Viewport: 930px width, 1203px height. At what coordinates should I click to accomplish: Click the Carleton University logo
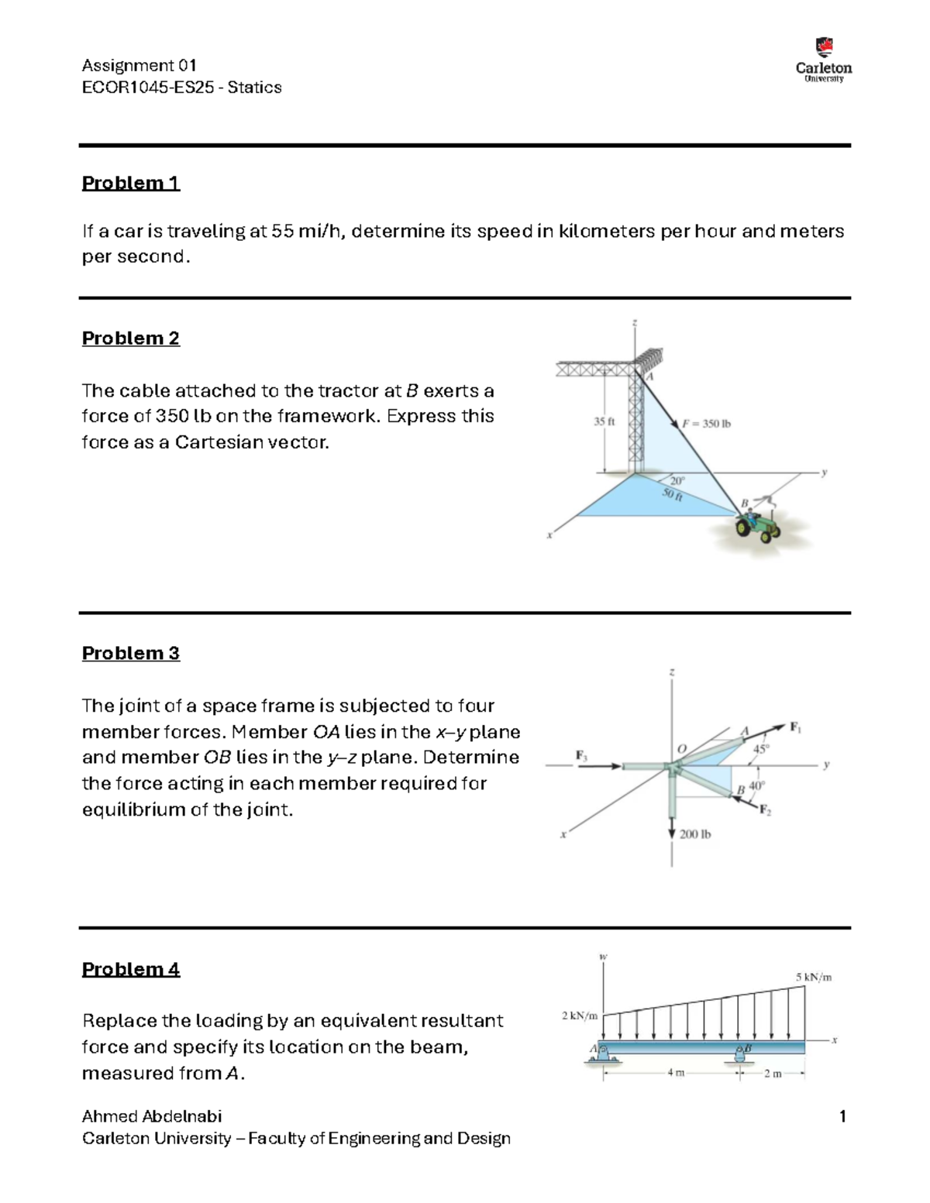point(824,60)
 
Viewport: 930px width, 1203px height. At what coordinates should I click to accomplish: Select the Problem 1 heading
point(130,183)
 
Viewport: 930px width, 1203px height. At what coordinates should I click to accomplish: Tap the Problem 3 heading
point(130,653)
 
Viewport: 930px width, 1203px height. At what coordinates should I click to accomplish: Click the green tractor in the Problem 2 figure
point(758,526)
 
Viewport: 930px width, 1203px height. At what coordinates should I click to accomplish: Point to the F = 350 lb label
point(706,424)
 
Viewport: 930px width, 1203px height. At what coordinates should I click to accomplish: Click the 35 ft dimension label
point(604,422)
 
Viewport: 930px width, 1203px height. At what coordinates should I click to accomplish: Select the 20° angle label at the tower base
point(677,481)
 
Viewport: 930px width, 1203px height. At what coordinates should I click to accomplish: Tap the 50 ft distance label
point(672,496)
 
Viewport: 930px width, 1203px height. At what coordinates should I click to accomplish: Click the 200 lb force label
point(694,834)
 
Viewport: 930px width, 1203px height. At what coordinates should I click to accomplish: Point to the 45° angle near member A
point(761,749)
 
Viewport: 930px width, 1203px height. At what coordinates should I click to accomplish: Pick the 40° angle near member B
point(756,785)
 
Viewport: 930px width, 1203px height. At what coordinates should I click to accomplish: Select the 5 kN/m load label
point(813,978)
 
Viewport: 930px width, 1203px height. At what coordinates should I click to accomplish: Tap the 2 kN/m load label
point(580,1016)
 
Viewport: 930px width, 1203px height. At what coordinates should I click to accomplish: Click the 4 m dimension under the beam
point(676,1074)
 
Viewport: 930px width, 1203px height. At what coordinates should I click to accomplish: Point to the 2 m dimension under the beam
point(773,1074)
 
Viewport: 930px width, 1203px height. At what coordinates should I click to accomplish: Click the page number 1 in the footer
point(842,1116)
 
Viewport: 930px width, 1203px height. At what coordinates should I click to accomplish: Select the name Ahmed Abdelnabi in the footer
point(152,1116)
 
